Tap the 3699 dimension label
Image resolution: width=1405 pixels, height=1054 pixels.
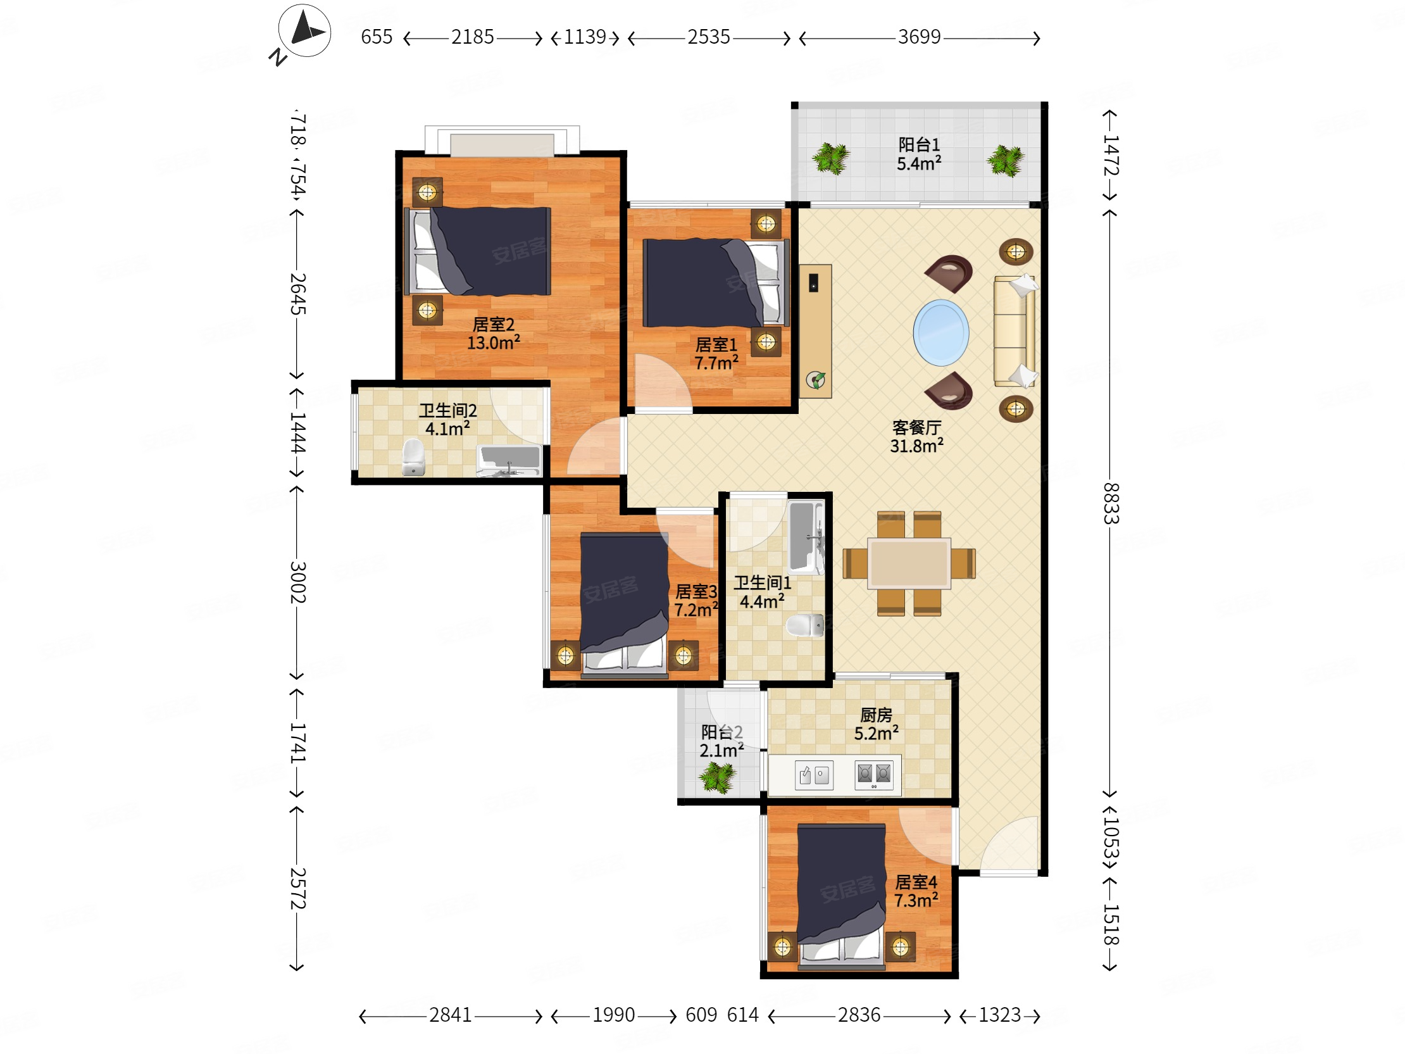pyautogui.click(x=918, y=37)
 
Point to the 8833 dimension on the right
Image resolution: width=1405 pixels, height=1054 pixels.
pyautogui.click(x=1110, y=503)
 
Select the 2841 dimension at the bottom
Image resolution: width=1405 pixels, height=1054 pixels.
pyautogui.click(x=451, y=1015)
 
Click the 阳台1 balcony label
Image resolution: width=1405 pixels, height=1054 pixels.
pyautogui.click(x=918, y=144)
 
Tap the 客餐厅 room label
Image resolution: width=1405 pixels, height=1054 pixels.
pyautogui.click(x=916, y=427)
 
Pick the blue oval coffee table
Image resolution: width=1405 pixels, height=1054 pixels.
pyautogui.click(x=940, y=332)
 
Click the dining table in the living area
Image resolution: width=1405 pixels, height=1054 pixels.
pyautogui.click(x=909, y=563)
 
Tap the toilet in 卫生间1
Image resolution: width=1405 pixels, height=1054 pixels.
pyautogui.click(x=805, y=625)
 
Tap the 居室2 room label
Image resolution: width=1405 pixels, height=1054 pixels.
pyautogui.click(x=493, y=325)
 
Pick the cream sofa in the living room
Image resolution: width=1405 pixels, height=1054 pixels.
pyautogui.click(x=1015, y=331)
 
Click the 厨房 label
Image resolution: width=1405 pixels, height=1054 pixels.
pyautogui.click(x=876, y=715)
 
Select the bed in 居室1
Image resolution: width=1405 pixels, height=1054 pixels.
pyautogui.click(x=716, y=283)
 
